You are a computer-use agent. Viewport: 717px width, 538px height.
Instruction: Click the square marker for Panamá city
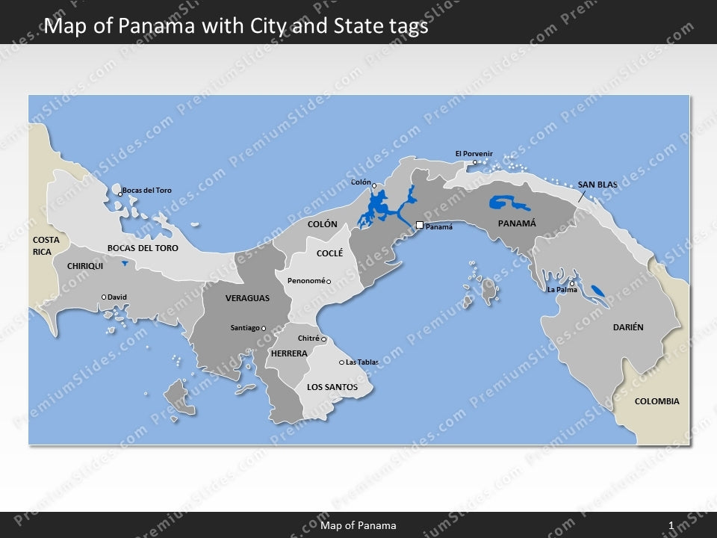[420, 224]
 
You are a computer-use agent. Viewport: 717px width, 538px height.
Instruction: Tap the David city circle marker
[104, 297]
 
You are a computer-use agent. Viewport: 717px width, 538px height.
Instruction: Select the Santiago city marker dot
[264, 328]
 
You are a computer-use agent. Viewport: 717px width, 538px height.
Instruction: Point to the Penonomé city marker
[329, 282]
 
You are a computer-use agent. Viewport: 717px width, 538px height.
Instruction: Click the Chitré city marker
[324, 339]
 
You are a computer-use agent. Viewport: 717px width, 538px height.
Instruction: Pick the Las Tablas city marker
[342, 362]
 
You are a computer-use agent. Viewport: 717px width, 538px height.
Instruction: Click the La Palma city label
[561, 289]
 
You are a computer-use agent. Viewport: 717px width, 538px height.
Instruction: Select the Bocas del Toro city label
[146, 191]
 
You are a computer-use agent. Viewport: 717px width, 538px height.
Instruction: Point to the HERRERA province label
[289, 353]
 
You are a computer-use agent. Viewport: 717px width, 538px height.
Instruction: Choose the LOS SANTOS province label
[332, 387]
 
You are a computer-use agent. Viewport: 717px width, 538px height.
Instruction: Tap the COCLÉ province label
[329, 253]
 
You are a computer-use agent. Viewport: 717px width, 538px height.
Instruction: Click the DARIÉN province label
[628, 327]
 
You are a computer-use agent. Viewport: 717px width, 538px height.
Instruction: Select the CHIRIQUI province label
[85, 266]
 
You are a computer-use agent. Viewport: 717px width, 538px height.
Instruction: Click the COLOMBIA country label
[657, 401]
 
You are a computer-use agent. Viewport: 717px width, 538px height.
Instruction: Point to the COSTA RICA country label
[46, 246]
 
